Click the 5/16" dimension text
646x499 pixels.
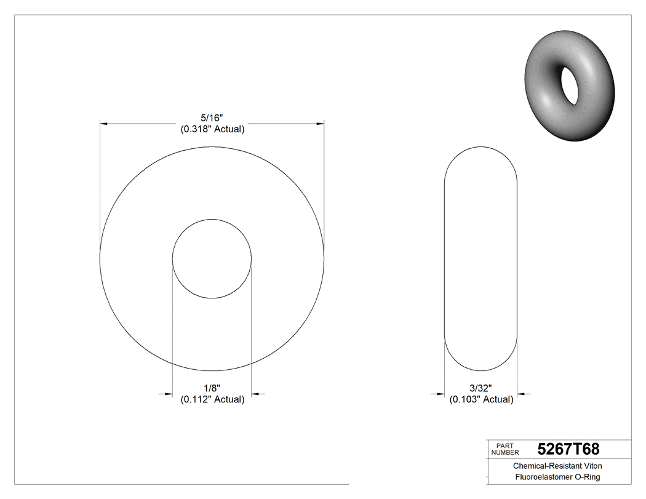tap(212, 118)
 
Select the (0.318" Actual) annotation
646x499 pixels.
tap(212, 129)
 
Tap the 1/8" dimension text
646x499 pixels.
tap(212, 388)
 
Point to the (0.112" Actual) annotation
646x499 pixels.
tap(212, 399)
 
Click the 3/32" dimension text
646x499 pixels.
tap(481, 388)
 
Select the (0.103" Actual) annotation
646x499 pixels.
tap(481, 399)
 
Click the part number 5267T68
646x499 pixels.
tap(568, 449)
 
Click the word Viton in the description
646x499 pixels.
tap(589, 466)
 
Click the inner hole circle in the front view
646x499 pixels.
tap(212, 258)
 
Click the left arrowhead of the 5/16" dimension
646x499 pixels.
tap(105, 124)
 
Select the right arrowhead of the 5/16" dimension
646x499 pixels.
tap(320, 124)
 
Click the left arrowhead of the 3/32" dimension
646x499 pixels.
tap(440, 394)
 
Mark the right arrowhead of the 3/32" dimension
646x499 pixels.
tap(522, 394)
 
